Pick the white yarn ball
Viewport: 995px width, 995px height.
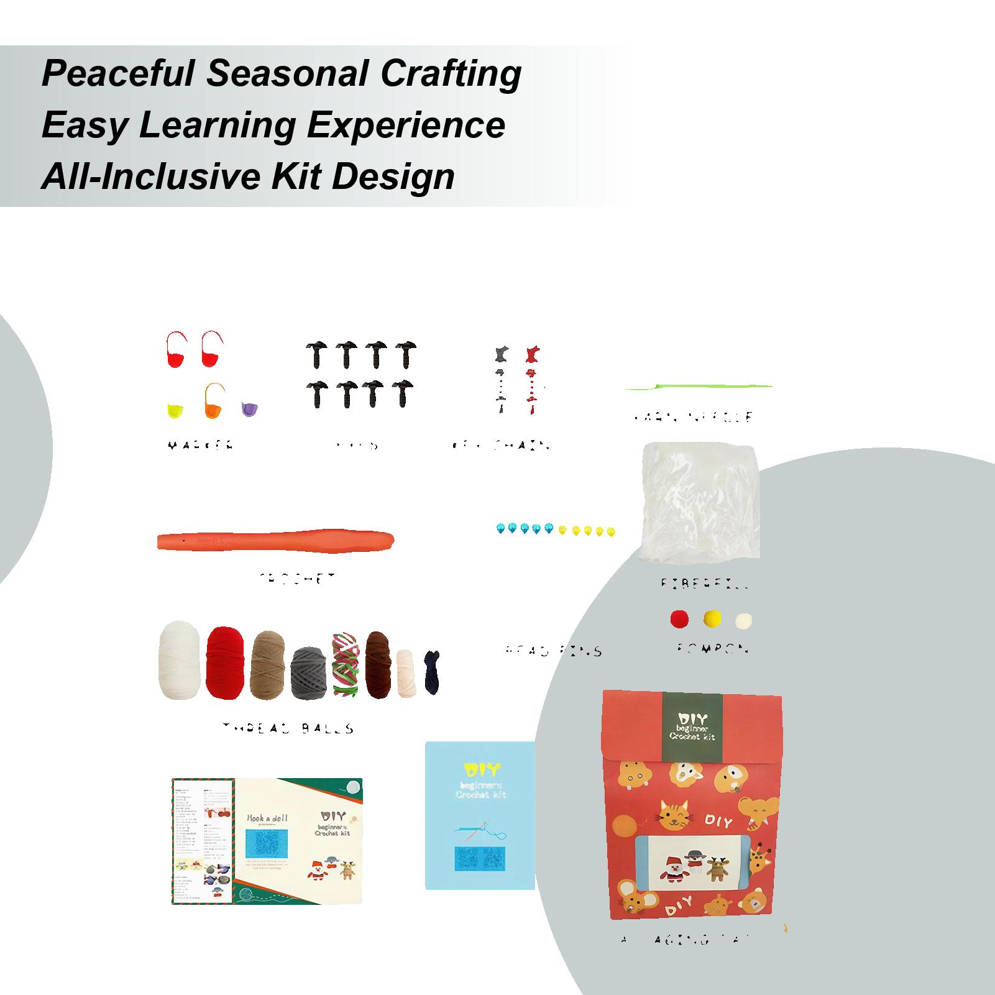179,661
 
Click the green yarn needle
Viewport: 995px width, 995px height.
699,387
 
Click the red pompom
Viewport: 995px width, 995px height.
679,618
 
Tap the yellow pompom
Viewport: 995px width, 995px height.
712,618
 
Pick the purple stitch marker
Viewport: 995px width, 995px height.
249,409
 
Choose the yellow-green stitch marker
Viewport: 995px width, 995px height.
175,410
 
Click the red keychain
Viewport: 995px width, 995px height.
532,379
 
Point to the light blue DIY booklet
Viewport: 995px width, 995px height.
480,814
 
